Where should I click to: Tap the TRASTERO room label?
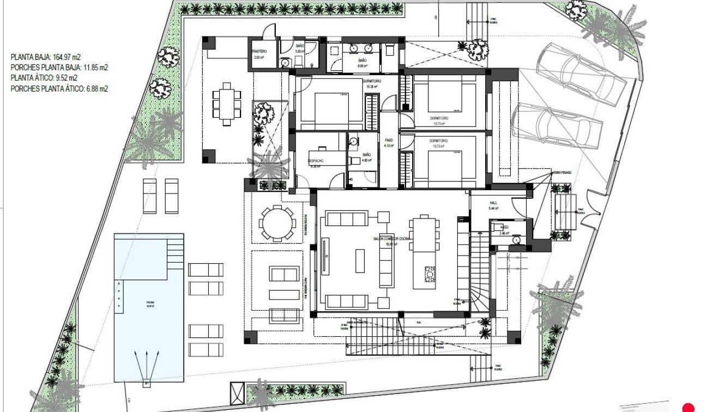(x=259, y=51)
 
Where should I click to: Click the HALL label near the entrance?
(x=494, y=203)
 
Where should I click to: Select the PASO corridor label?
(x=389, y=140)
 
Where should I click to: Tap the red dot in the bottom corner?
(x=689, y=407)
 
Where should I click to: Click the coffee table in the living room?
(x=360, y=260)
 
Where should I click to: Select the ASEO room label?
(x=504, y=227)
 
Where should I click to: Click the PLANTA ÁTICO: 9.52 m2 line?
(x=44, y=78)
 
